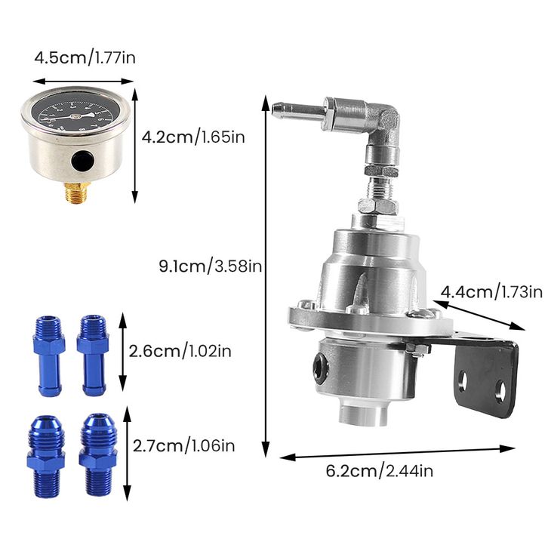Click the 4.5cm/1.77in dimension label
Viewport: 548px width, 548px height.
tap(85, 57)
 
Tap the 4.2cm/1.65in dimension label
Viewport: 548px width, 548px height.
tap(193, 137)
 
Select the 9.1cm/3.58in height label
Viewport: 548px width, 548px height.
tap(211, 266)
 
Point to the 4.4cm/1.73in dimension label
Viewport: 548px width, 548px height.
tap(491, 292)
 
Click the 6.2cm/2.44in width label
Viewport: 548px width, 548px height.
tap(380, 471)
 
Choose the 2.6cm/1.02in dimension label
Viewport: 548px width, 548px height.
tap(180, 351)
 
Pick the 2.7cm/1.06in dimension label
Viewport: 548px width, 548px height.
tap(184, 445)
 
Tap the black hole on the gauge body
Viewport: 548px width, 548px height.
tap(82, 161)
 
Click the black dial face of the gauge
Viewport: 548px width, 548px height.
tap(75, 112)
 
